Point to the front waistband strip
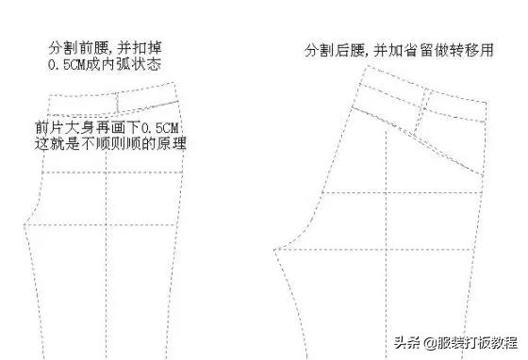(x=113, y=101)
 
